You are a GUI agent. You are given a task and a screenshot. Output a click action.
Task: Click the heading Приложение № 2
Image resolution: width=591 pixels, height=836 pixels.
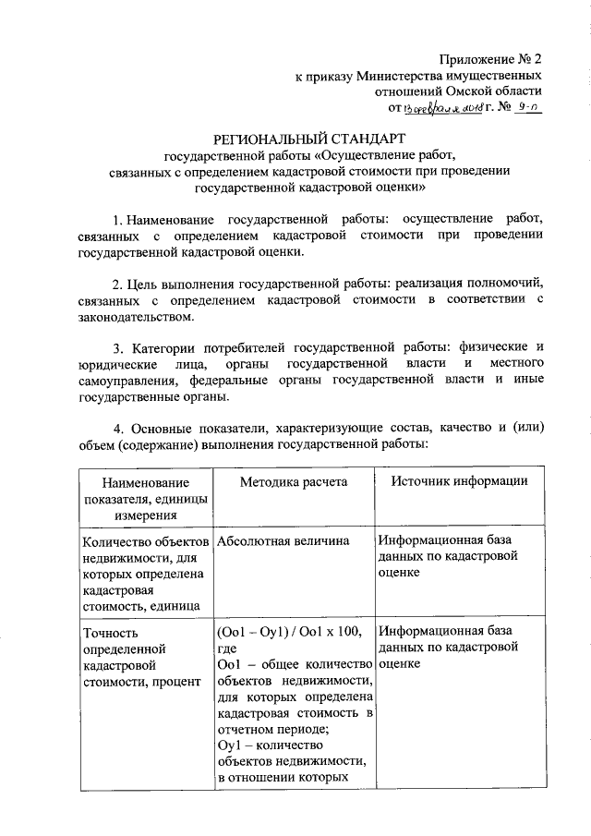(491, 58)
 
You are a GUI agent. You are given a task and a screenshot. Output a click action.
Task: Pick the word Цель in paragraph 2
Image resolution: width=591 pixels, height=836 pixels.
(145, 284)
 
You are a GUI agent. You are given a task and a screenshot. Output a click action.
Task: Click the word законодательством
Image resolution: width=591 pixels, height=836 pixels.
(135, 317)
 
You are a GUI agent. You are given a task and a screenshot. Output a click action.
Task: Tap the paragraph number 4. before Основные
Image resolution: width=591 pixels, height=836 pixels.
(117, 429)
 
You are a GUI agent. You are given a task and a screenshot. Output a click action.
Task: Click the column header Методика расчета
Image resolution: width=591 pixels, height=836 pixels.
(293, 481)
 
